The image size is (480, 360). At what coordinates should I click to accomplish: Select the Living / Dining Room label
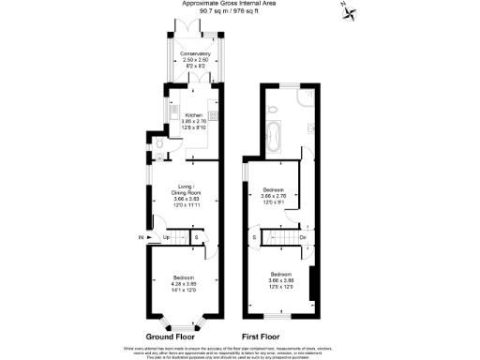click(191, 187)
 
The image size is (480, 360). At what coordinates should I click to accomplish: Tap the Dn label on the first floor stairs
click(303, 237)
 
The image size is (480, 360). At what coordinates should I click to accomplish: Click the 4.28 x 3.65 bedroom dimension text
click(184, 282)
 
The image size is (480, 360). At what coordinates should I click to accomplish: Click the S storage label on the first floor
click(255, 237)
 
